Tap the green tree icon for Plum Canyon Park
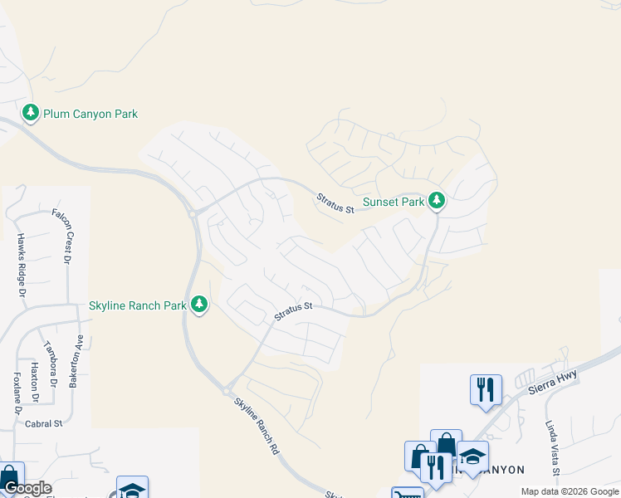pyautogui.click(x=31, y=112)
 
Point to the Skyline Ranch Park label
pyautogui.click(x=137, y=305)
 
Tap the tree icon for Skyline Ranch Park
pyautogui.click(x=198, y=305)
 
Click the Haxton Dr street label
pyautogui.click(x=35, y=378)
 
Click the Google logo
pyautogui.click(x=28, y=488)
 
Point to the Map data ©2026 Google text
pyautogui.click(x=570, y=491)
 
